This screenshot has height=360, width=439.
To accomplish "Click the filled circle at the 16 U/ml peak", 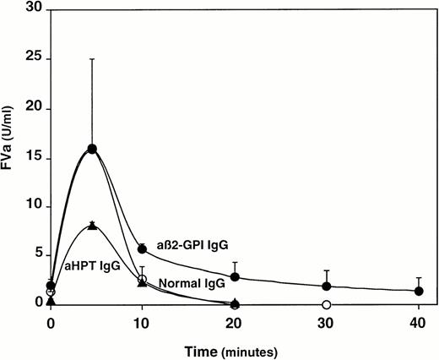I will [92, 149].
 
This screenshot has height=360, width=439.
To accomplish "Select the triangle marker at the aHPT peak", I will [92, 226].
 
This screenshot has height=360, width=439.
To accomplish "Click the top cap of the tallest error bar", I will [92, 59].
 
